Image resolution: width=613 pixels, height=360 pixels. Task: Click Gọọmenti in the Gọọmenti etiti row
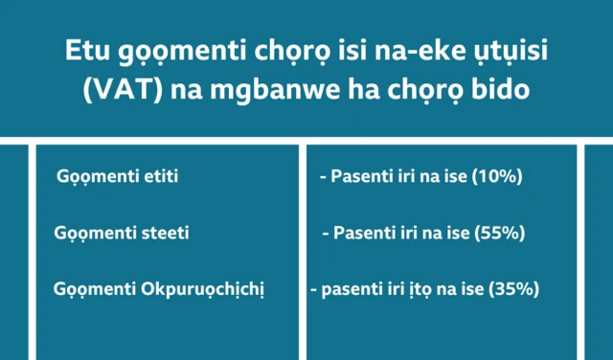pyautogui.click(x=94, y=177)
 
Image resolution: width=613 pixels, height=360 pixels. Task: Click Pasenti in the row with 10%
pyautogui.click(x=360, y=177)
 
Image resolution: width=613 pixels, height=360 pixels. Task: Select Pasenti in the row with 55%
pyautogui.click(x=364, y=233)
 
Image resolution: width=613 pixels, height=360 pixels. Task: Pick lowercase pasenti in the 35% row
pyautogui.click(x=352, y=288)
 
